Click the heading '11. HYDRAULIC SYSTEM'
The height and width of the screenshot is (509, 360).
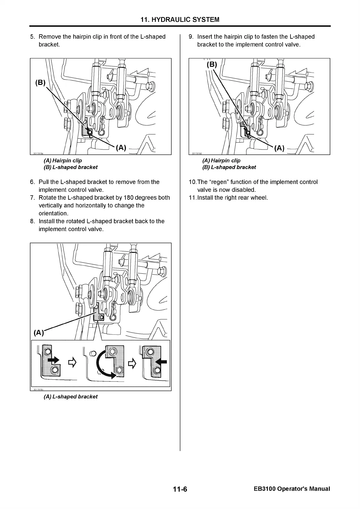(180, 20)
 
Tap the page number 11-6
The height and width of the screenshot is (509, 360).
(180, 489)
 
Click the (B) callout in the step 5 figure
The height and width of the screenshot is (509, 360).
(40, 83)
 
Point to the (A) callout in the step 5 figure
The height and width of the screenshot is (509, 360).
(121, 148)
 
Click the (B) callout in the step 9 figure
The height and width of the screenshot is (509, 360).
(212, 64)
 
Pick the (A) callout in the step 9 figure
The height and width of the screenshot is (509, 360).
(279, 148)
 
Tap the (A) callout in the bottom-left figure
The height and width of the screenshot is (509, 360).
(38, 333)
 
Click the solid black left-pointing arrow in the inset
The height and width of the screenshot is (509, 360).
(161, 362)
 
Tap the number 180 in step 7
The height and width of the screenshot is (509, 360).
(130, 198)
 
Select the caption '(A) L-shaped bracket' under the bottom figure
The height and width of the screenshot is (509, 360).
(71, 397)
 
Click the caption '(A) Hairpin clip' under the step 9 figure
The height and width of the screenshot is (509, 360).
(221, 161)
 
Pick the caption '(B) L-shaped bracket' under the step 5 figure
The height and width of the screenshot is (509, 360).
(71, 167)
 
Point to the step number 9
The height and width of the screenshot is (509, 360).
(191, 37)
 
